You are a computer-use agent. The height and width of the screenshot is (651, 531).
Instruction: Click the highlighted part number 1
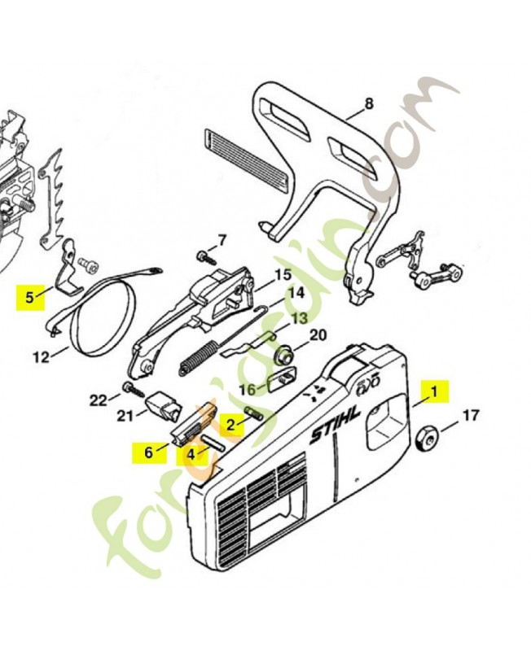[434, 391]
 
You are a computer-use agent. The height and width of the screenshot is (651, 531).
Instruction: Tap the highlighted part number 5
[30, 297]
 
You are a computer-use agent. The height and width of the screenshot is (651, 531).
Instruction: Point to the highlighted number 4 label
[191, 453]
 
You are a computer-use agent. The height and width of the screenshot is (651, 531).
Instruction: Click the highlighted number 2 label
[231, 424]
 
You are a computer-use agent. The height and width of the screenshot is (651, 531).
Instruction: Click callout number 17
[470, 417]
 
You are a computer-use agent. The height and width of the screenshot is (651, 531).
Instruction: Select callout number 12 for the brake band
[38, 355]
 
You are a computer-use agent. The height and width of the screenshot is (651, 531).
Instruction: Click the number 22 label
[98, 400]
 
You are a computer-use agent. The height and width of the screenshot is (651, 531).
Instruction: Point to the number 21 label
[125, 417]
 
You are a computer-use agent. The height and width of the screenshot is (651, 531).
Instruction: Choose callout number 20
[317, 334]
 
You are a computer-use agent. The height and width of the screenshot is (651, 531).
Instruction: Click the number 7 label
[221, 241]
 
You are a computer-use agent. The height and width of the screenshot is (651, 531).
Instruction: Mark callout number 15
[282, 275]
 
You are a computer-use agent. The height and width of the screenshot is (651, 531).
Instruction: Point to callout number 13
[299, 318]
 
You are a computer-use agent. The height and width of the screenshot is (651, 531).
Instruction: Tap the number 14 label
[294, 292]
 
